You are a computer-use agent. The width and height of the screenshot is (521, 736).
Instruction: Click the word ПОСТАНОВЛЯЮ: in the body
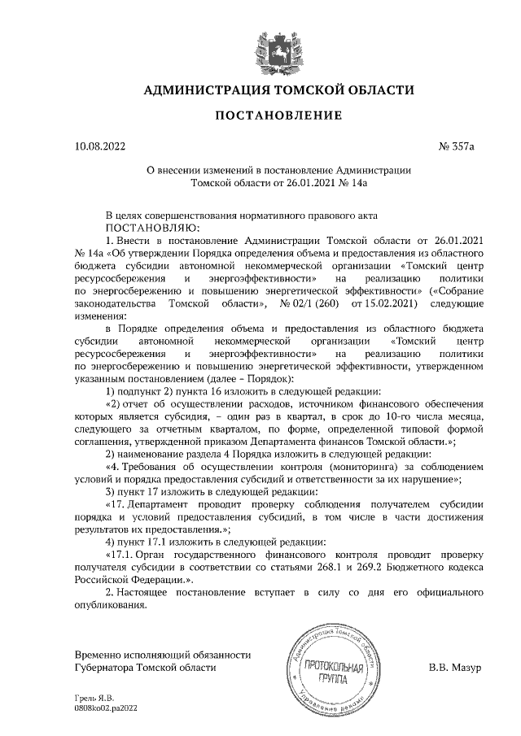point(147,229)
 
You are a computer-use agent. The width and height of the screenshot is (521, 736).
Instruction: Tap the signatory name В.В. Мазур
point(455,667)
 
